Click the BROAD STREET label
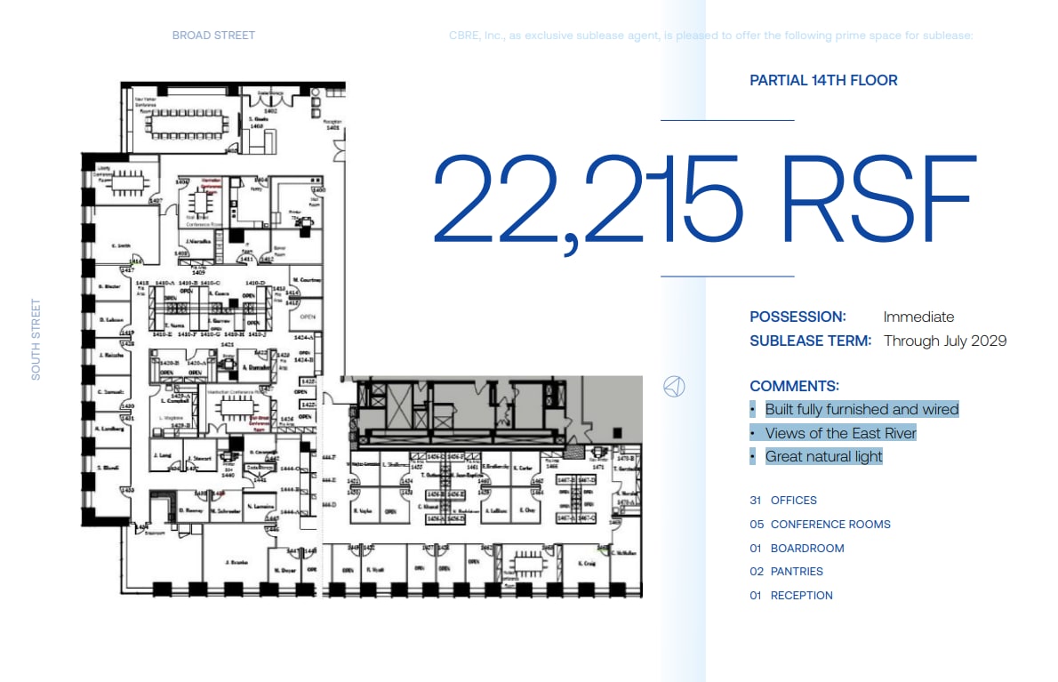[213, 36]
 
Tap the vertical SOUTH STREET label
[36, 340]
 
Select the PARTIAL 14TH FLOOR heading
[823, 80]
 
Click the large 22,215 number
[587, 200]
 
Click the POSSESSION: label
[798, 317]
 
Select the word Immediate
[918, 317]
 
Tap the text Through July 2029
[945, 341]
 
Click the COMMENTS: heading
[794, 386]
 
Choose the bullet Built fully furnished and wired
[862, 409]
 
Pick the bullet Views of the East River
[840, 433]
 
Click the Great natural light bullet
[823, 457]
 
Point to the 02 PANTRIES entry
[786, 572]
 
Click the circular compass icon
[674, 386]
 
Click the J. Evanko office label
[235, 562]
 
